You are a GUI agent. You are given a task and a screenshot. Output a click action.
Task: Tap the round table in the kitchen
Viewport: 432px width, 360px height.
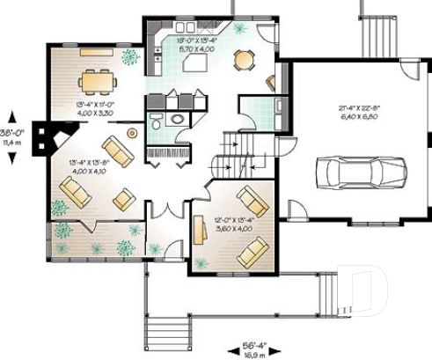(243, 60)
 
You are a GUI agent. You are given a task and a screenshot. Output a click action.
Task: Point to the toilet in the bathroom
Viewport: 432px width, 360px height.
(155, 121)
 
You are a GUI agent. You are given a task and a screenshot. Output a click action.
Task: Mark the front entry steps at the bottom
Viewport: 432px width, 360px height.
(172, 334)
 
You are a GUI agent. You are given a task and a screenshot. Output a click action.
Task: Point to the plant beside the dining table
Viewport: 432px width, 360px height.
(130, 58)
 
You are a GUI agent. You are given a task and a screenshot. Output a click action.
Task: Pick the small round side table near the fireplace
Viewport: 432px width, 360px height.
(132, 133)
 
